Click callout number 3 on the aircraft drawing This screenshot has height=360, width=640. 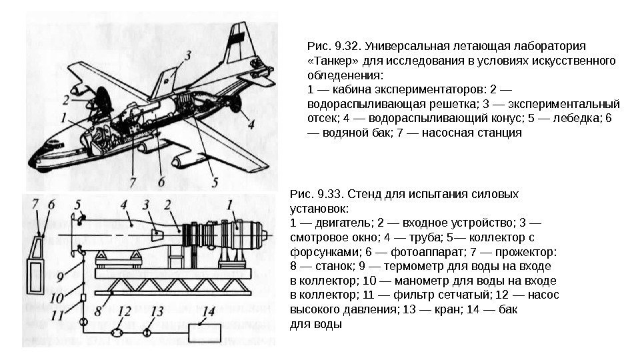(x=189, y=56)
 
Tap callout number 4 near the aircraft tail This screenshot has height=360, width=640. (x=250, y=123)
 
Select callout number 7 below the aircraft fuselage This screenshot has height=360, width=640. (x=133, y=180)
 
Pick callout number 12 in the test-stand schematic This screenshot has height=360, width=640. (x=123, y=311)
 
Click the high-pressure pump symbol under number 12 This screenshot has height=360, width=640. (x=117, y=331)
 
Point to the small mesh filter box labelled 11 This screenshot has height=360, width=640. (x=84, y=297)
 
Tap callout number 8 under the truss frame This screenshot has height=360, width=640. (x=99, y=311)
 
